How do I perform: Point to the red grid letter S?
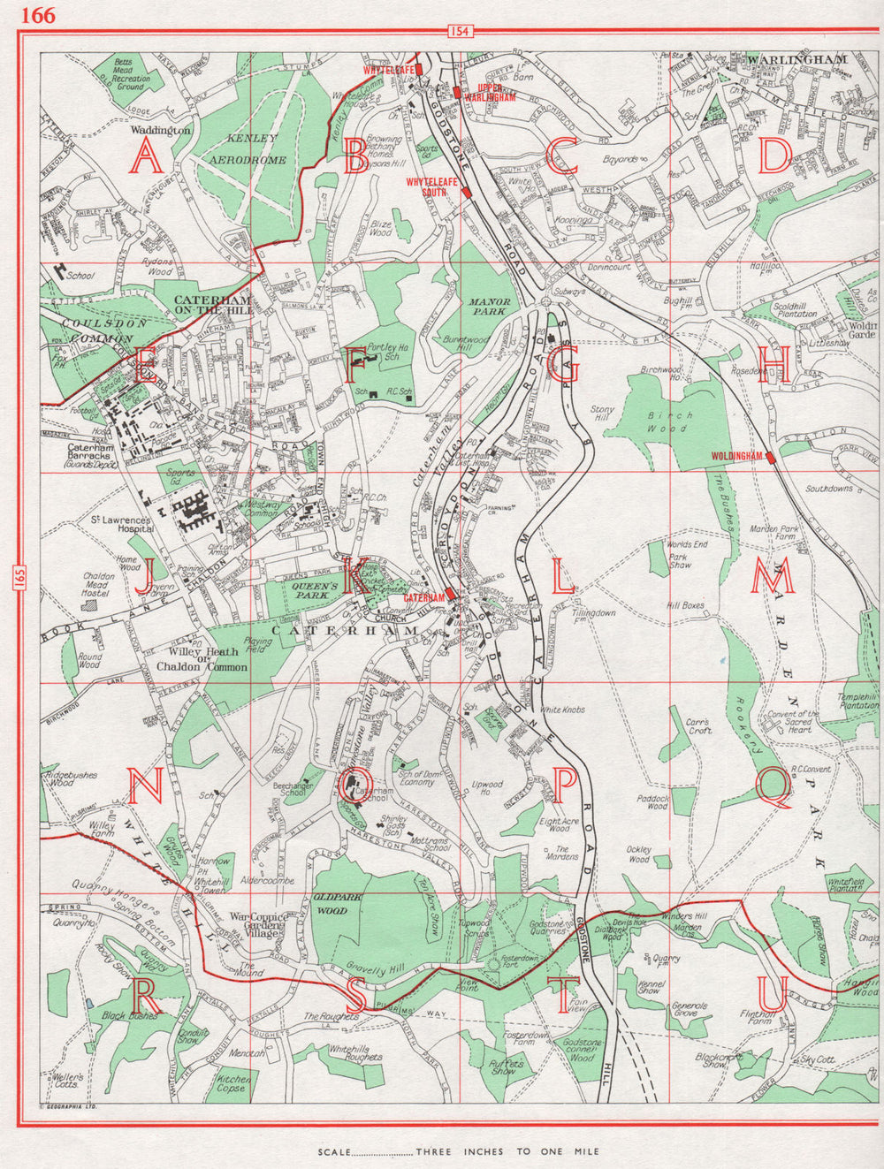point(355,997)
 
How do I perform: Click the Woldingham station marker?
point(771,457)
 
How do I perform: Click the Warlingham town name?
point(796,59)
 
